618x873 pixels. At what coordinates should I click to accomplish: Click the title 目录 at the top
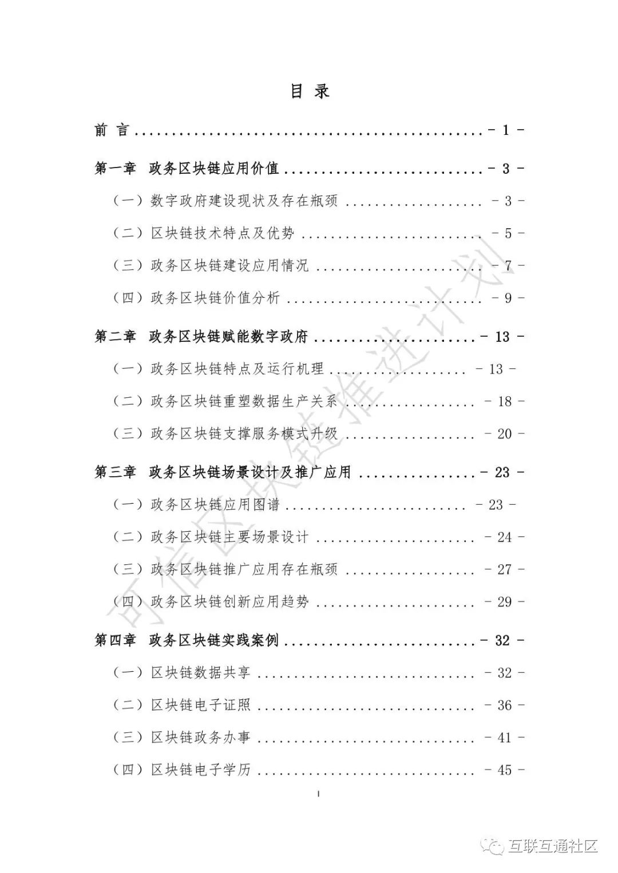[x=310, y=91]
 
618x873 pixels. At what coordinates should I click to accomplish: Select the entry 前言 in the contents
[x=112, y=130]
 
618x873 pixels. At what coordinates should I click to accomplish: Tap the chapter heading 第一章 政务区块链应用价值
[x=187, y=169]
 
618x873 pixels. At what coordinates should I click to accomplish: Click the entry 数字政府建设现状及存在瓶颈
[x=244, y=201]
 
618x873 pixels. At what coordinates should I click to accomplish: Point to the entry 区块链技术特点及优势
[x=222, y=233]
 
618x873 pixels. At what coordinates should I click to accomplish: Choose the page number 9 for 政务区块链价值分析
[x=508, y=298]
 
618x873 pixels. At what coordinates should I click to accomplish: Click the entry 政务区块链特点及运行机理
[x=237, y=369]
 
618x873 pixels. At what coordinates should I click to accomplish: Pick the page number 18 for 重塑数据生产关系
[x=504, y=401]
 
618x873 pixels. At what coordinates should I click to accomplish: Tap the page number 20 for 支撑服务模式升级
[x=504, y=434]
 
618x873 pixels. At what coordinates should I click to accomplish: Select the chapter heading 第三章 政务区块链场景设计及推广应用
[x=223, y=472]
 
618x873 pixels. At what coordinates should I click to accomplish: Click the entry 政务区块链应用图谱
[x=215, y=505]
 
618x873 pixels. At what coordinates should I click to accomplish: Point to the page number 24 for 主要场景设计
[x=504, y=537]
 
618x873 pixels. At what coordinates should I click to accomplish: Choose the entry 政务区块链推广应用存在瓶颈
[x=244, y=569]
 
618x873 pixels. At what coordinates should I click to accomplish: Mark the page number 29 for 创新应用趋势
[x=504, y=602]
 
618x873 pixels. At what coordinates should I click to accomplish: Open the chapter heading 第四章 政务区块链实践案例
[x=187, y=640]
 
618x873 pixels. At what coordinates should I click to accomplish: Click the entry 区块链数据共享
[x=200, y=673]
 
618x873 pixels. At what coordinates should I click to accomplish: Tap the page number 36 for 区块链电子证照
[x=504, y=705]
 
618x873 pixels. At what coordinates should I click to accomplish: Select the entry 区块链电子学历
[x=200, y=770]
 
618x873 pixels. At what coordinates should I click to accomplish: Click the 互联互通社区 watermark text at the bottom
[x=552, y=846]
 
